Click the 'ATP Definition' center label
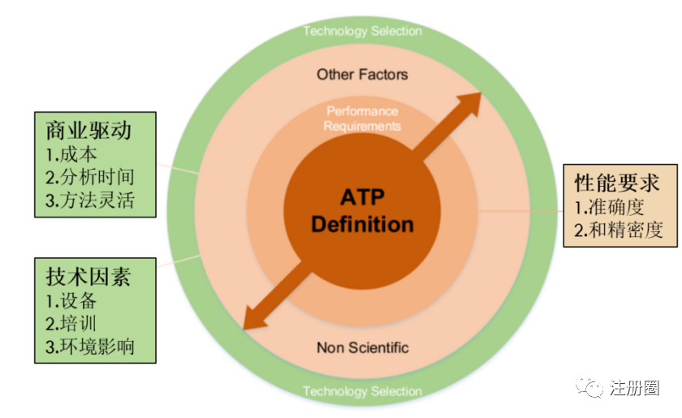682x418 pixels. [362, 210]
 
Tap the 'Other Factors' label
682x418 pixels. [362, 75]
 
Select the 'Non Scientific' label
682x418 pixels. [362, 348]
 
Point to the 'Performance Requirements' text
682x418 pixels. [362, 119]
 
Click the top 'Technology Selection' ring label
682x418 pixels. [362, 31]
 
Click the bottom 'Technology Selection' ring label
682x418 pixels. [362, 391]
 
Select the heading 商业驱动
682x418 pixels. [84, 130]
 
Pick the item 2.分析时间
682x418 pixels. [89, 176]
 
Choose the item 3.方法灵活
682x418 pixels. [89, 199]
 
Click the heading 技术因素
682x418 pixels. [84, 276]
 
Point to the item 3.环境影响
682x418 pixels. [89, 347]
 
